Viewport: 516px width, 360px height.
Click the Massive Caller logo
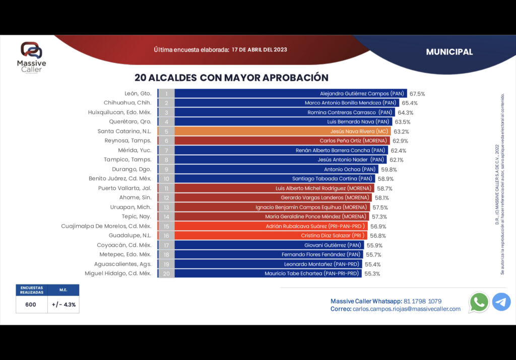(31, 56)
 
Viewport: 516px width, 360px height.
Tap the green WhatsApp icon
(479, 302)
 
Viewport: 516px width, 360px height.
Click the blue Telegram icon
(501, 302)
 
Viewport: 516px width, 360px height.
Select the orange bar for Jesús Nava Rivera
(282, 131)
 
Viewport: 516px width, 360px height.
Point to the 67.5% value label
(417, 94)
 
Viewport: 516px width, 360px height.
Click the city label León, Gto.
(138, 94)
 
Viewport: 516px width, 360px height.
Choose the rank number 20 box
(166, 273)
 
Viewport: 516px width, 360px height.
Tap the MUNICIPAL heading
(449, 52)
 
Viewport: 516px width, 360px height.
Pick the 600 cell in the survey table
(31, 305)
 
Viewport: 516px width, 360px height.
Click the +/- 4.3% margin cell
(63, 305)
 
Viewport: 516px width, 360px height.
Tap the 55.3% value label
(372, 273)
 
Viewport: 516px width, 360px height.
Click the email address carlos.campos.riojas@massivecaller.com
(407, 309)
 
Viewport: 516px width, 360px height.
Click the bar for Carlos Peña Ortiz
(282, 140)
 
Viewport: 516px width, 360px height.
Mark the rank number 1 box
(166, 94)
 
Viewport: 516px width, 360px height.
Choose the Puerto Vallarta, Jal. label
(124, 188)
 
